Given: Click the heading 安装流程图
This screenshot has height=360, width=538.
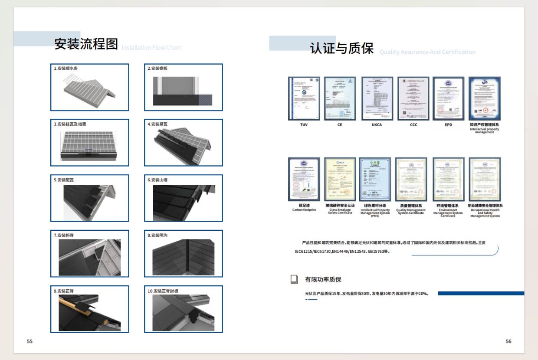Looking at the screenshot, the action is click(x=86, y=44).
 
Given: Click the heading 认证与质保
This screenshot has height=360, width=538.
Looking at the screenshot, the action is click(x=341, y=48).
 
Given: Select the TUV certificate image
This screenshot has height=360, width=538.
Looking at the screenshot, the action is click(x=304, y=98).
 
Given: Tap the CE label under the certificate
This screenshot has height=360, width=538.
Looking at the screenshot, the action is click(x=340, y=125).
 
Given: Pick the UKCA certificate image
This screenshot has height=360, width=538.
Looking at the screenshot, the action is click(x=377, y=98).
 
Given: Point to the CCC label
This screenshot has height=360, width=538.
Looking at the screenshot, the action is click(x=413, y=125).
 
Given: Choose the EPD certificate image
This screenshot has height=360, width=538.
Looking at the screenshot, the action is click(x=449, y=98).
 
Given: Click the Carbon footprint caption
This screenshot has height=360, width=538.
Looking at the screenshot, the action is click(x=304, y=210).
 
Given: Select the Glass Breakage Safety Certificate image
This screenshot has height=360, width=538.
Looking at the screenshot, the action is click(x=340, y=179).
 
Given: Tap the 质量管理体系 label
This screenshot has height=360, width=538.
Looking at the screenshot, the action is click(x=410, y=206).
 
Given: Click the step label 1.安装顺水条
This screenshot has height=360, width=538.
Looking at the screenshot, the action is click(x=66, y=69).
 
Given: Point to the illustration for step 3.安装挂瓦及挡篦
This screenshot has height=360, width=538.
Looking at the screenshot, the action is click(x=90, y=144).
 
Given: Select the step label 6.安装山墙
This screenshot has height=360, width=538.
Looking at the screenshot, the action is click(x=157, y=180).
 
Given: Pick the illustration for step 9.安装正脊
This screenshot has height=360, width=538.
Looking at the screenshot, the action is click(x=90, y=312).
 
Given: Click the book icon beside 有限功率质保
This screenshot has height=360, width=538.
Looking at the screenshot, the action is click(x=294, y=279).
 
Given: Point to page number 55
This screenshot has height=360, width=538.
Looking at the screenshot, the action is click(x=30, y=341).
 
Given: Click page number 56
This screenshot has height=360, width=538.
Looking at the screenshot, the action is click(x=508, y=341).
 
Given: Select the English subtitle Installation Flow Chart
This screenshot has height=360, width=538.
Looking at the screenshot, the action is click(x=151, y=48).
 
